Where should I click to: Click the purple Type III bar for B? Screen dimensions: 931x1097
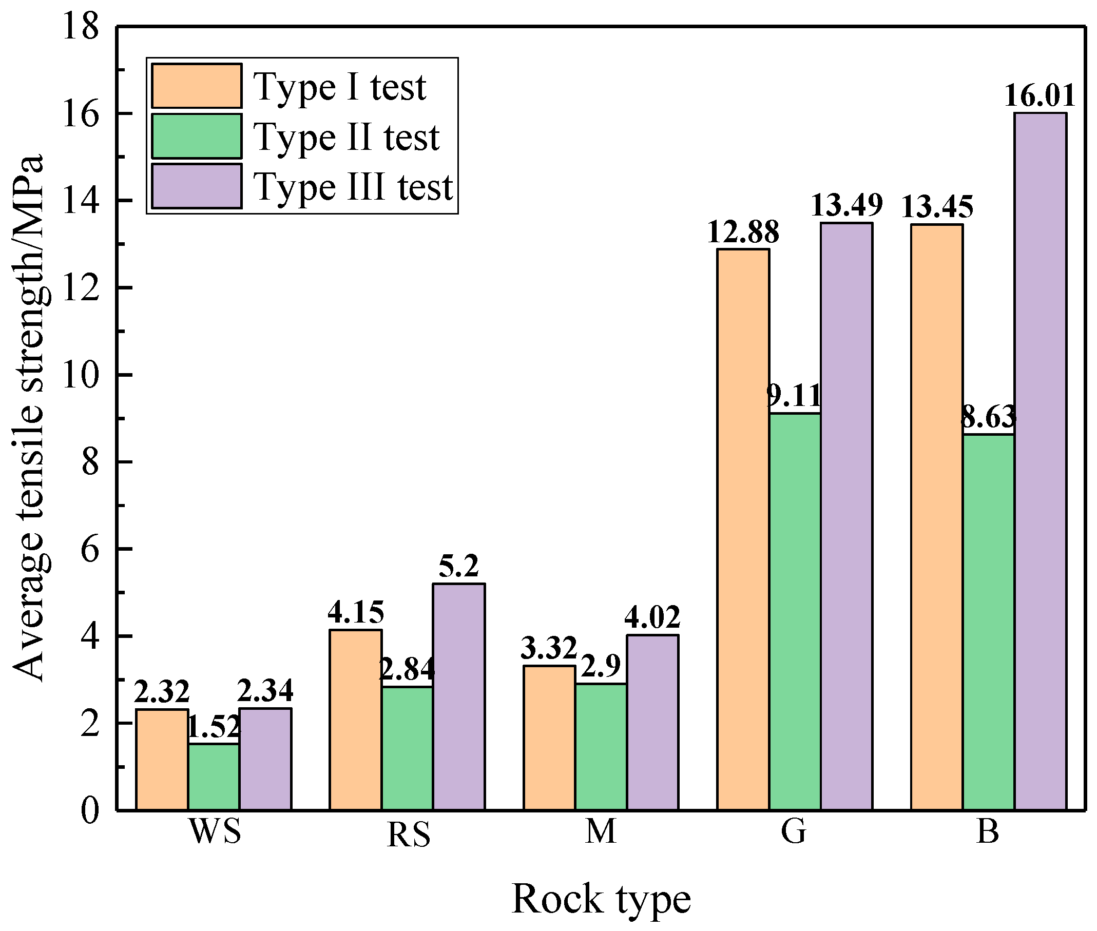coord(1040,461)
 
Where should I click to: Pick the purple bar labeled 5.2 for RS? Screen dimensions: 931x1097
coord(459,696)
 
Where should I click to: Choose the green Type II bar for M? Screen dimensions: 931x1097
coord(601,746)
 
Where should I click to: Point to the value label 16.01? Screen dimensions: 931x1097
coord(1040,96)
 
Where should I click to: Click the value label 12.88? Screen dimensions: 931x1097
coord(743,231)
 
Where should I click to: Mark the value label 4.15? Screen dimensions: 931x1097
coord(355,612)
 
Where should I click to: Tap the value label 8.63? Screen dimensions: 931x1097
coord(988,417)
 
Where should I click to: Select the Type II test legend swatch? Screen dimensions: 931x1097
coord(197,136)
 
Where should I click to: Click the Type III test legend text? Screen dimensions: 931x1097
coord(353,187)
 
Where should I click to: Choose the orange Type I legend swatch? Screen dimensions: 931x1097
coord(197,86)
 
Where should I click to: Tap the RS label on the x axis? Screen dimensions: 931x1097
coord(408,836)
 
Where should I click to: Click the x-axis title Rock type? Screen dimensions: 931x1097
coord(601,899)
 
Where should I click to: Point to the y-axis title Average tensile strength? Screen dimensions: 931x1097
coord(29,417)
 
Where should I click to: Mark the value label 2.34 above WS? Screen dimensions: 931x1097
coord(265,690)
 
